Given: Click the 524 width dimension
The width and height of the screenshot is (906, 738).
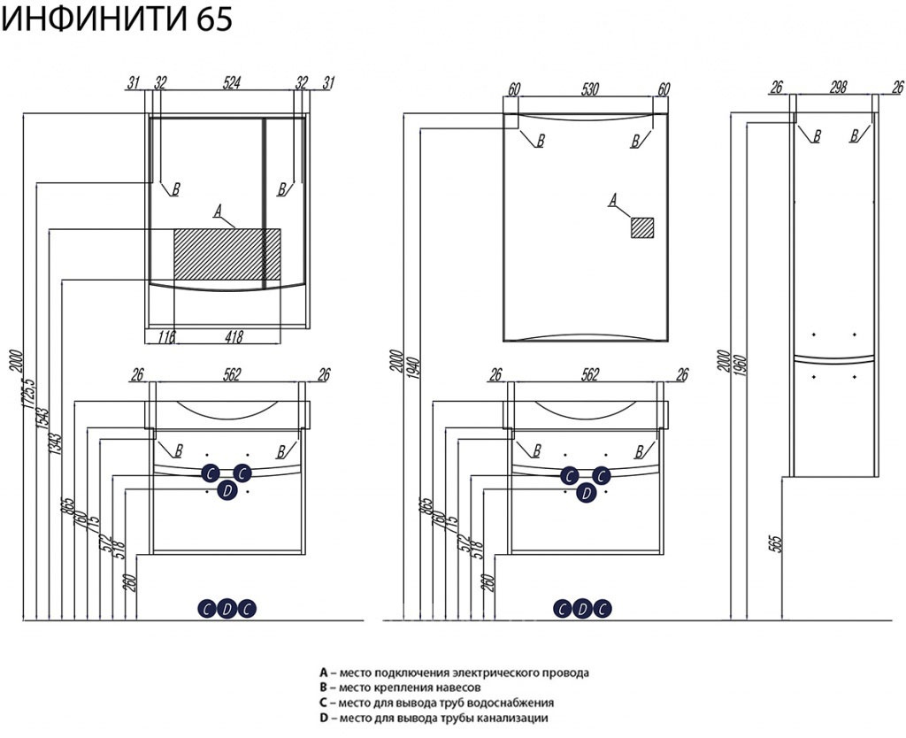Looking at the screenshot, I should tap(231, 84).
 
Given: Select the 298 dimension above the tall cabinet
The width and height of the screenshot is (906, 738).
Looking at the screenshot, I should tap(837, 87).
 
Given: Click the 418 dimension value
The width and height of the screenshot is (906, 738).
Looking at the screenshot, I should tap(233, 337).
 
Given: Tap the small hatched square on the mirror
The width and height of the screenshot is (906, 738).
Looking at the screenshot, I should tap(641, 227).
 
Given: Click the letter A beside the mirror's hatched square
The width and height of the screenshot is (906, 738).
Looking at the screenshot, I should tap(611, 202).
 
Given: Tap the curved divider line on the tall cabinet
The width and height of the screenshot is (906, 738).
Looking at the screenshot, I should tap(834, 359).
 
